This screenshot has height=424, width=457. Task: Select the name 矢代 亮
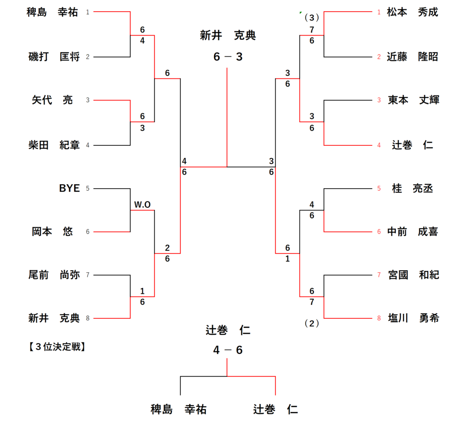coord(52,100)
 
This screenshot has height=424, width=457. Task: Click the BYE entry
coord(69,188)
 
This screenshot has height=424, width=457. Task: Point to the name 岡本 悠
coord(52,232)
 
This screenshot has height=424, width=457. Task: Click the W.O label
coord(142,204)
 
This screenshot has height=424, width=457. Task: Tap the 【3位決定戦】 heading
coord(56,346)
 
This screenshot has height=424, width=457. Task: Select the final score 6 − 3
coord(228,57)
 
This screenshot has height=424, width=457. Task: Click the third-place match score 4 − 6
coord(228,350)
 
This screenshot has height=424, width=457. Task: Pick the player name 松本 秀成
coord(412,12)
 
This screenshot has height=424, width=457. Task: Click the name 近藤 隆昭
coord(412,57)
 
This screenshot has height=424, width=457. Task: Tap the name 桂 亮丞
coord(412,188)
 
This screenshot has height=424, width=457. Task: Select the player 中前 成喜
coord(412,232)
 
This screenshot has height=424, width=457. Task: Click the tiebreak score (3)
coord(312,18)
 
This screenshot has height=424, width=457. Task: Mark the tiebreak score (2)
coord(312,324)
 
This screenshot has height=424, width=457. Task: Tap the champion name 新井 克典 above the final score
coord(228,36)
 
